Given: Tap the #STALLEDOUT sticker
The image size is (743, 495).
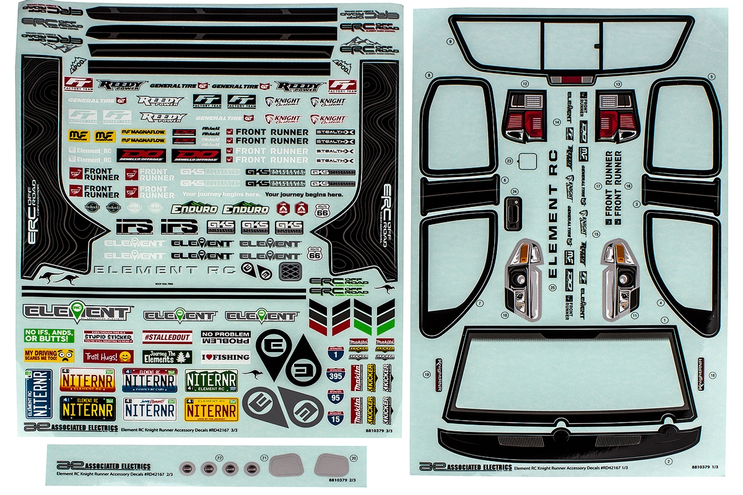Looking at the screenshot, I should (x=167, y=338).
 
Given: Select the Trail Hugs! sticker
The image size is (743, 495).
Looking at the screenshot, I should (x=108, y=356).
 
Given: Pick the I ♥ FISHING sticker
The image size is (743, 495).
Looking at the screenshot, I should (x=225, y=356).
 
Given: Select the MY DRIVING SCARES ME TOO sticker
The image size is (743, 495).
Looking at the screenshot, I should (x=49, y=356).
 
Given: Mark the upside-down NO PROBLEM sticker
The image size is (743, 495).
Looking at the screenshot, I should (x=225, y=338).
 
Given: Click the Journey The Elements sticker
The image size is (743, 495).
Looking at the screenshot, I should (x=167, y=357).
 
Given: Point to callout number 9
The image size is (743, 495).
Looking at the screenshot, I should (x=450, y=41).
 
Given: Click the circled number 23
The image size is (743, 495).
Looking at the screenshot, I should (x=509, y=160).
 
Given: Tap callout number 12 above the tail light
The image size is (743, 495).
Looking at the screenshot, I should (x=525, y=83).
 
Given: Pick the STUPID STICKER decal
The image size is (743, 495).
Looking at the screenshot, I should (x=108, y=337).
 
